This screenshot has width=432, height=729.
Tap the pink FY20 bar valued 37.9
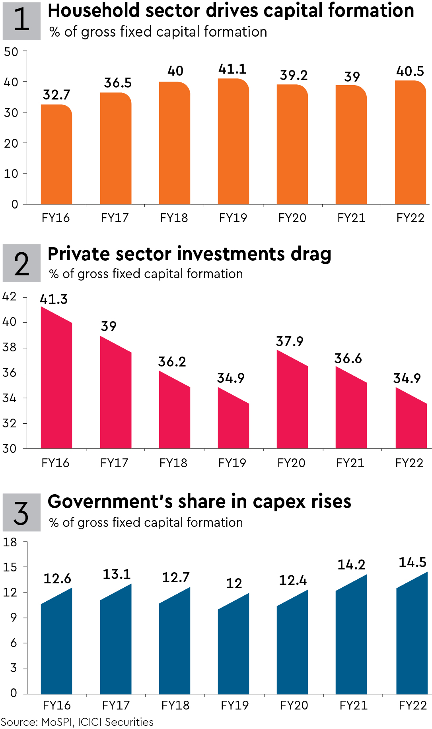coord(292,402)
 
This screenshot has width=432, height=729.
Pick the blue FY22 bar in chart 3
coord(411,637)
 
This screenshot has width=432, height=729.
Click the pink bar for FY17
coord(115,396)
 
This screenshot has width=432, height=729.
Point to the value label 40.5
coord(410,72)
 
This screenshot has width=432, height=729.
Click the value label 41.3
coord(54,299)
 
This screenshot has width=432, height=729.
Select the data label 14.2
coord(351,565)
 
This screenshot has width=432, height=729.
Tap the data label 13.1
coord(117,574)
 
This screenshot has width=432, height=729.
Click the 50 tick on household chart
coord(11,52)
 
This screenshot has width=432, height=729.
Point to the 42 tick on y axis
coord(10,296)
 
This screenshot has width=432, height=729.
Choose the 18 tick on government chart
coord(10,542)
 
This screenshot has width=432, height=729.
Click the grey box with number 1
coord(21,21)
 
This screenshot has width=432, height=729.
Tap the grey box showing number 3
coord(21,513)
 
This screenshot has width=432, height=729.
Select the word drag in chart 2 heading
coord(311,254)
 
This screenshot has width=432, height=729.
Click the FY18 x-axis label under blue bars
coord(175,706)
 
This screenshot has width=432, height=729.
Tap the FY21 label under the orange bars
coord(351,218)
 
